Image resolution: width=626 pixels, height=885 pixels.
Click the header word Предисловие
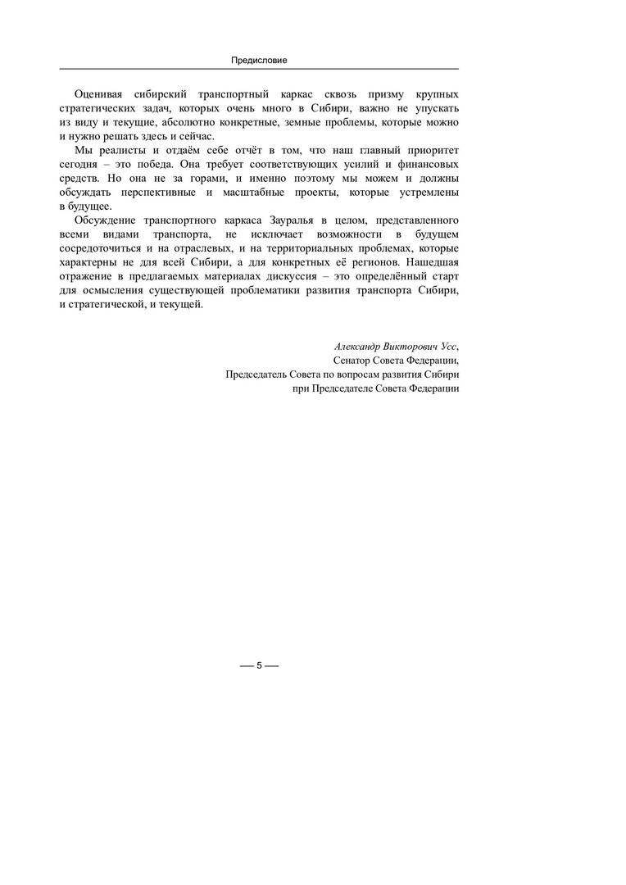coord(258,60)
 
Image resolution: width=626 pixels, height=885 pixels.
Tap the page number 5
coord(259,665)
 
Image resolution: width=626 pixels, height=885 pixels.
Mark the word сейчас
coord(195,135)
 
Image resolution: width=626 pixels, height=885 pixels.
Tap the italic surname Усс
coord(447,346)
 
